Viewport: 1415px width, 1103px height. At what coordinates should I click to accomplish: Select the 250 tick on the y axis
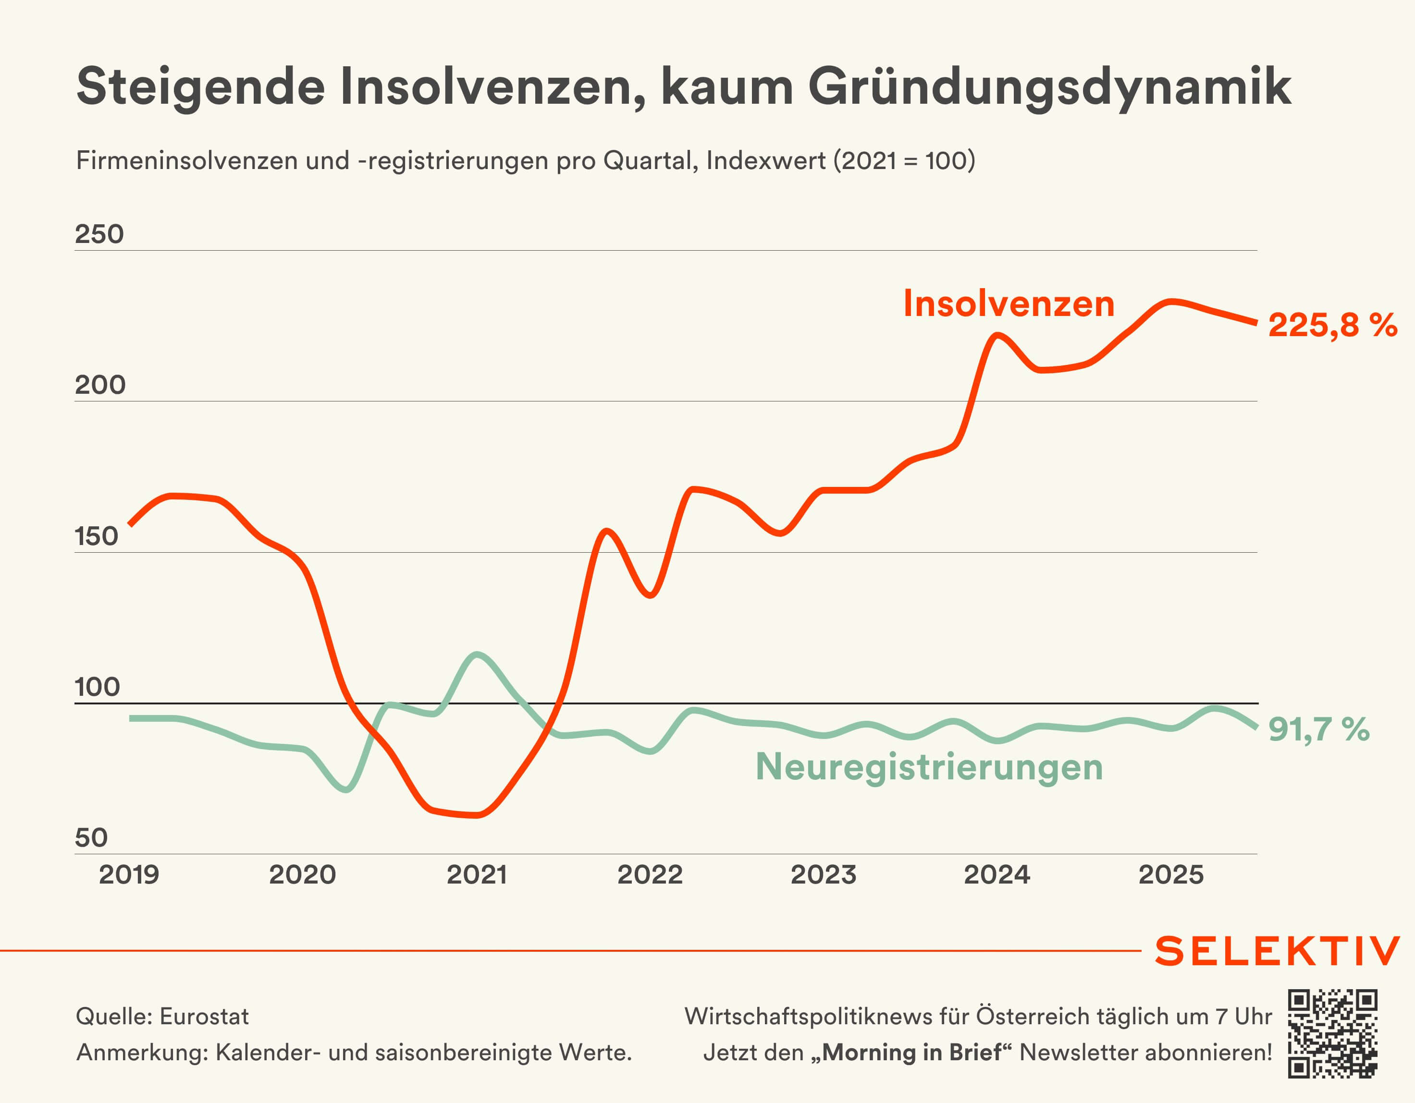coord(99,234)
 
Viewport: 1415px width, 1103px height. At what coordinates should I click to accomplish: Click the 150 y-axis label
coord(97,536)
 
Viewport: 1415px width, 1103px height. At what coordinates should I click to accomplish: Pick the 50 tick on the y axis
coord(91,837)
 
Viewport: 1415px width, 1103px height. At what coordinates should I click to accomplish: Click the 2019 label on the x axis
coord(129,874)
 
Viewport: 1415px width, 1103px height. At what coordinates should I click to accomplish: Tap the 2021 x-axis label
coord(477,874)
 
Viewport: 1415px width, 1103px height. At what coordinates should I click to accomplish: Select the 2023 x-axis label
coord(824,874)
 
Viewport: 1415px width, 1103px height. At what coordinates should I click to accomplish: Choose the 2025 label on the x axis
coord(1171,874)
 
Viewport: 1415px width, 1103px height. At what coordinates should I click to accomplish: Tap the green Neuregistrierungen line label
coord(929,767)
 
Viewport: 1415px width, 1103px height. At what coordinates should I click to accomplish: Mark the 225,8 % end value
coord(1332,325)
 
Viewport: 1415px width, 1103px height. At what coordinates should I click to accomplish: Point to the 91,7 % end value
coord(1318,729)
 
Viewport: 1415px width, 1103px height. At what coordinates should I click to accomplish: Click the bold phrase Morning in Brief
coord(911,1053)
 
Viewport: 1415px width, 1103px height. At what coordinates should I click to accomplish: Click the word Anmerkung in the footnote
coord(142,1053)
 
